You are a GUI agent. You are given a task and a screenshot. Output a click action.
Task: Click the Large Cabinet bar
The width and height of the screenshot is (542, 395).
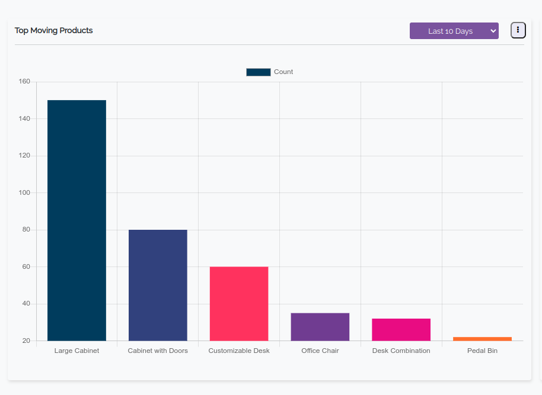point(76,220)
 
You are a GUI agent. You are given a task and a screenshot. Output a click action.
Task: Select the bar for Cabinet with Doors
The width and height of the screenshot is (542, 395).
point(158,285)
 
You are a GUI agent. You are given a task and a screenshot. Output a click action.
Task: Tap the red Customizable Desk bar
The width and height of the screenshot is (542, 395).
point(239,303)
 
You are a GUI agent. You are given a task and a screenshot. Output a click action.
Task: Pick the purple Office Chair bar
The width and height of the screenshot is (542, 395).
point(320,326)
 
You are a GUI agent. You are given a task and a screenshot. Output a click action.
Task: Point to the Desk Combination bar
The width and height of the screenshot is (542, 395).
point(401,329)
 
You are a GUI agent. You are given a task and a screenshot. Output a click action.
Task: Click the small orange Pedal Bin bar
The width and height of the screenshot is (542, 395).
point(482,339)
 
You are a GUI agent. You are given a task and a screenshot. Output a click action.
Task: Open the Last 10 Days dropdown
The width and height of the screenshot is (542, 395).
point(454,31)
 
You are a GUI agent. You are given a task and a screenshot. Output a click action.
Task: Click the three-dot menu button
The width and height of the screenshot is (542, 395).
point(518,30)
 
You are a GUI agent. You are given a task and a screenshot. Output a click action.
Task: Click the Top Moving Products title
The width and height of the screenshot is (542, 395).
point(54,30)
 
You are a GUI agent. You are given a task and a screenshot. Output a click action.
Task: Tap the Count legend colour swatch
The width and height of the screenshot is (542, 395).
point(259,72)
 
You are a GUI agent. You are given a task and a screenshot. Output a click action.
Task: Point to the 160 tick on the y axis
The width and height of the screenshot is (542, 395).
point(24,82)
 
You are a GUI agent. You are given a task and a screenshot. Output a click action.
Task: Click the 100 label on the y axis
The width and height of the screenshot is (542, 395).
point(24,193)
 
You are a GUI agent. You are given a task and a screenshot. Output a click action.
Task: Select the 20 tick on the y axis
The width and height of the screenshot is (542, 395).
point(26,341)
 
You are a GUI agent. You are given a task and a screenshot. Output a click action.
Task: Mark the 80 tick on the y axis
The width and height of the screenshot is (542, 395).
point(26,230)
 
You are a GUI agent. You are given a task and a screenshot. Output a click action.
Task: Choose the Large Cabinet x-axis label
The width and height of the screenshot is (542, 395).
point(76,351)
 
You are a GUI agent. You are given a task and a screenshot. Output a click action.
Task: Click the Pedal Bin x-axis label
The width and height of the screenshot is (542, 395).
point(482,351)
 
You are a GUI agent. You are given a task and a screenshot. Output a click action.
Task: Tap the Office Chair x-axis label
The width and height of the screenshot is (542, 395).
point(320,351)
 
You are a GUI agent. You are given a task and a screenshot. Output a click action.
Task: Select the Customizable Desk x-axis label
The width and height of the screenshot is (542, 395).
point(239,351)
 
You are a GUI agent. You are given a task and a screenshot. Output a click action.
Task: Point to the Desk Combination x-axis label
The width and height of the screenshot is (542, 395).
point(401,351)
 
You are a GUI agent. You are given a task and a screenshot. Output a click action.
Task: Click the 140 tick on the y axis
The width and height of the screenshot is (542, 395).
point(24,119)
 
